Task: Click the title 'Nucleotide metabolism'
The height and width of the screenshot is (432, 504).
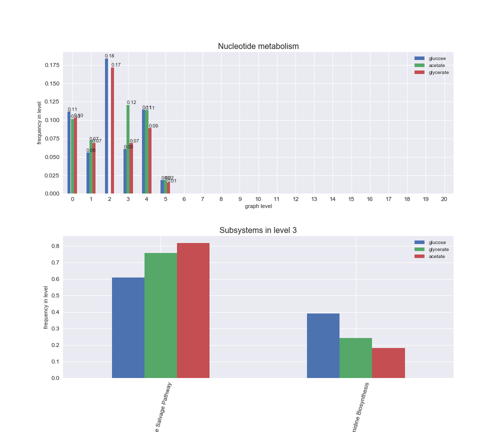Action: (258, 46)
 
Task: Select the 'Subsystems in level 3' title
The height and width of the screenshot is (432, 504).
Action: (258, 230)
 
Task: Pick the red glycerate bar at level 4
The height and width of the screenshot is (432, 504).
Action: (150, 160)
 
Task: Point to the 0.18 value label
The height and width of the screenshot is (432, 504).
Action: (109, 56)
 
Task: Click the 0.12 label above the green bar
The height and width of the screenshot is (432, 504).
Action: (131, 102)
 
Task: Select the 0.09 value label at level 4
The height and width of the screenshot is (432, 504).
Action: (153, 126)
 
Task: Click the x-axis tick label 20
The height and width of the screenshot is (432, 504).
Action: (444, 199)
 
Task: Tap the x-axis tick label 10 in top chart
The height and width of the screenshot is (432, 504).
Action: (258, 199)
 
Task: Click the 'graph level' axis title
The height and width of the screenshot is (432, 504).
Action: (258, 206)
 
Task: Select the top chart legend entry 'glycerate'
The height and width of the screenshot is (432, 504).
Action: (438, 72)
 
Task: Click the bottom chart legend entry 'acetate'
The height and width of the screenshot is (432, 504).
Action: (436, 256)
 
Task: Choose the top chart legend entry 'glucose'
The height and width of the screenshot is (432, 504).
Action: (437, 58)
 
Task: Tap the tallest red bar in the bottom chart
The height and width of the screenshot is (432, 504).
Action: (193, 310)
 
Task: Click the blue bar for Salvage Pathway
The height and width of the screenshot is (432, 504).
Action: (128, 327)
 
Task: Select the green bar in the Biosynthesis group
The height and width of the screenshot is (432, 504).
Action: (355, 357)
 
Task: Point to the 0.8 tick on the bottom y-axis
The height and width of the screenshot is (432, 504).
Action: (55, 246)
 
